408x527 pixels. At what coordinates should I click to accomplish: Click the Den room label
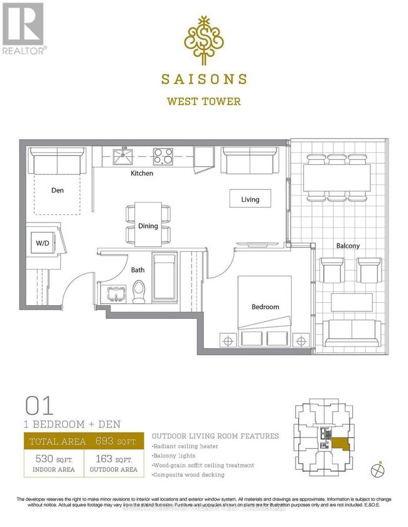click(57, 190)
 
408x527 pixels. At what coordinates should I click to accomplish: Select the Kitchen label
click(142, 173)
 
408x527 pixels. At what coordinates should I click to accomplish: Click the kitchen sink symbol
click(123, 155)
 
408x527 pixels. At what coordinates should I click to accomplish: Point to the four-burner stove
click(164, 155)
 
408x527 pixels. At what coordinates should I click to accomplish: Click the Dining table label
click(148, 226)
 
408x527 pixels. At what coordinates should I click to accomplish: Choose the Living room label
click(250, 199)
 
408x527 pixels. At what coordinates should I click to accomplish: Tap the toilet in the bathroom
click(139, 293)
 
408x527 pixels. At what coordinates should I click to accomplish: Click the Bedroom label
click(265, 307)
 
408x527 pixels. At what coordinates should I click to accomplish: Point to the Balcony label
click(346, 246)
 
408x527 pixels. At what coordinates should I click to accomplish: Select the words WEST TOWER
click(203, 101)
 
